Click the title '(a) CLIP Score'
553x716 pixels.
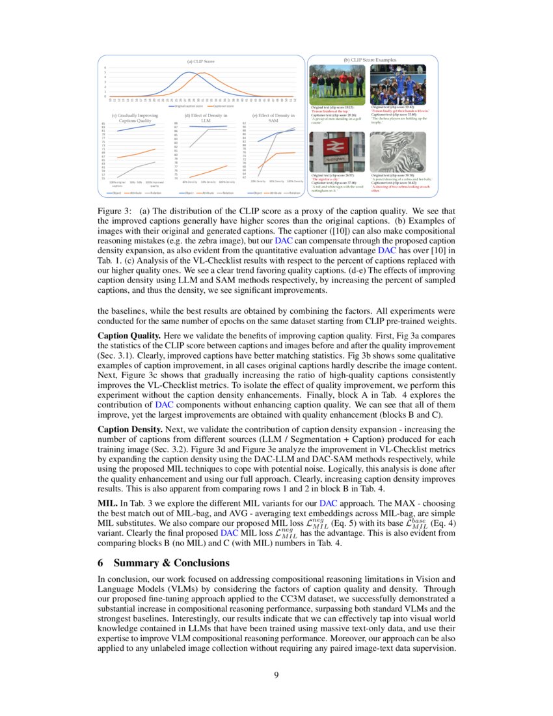click(x=200, y=61)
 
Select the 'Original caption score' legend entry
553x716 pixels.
click(x=189, y=106)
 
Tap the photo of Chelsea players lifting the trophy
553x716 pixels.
click(x=398, y=83)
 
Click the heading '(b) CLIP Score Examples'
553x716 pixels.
click(x=370, y=60)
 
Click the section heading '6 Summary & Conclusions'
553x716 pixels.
click(x=163, y=562)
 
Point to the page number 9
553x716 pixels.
click(x=276, y=675)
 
